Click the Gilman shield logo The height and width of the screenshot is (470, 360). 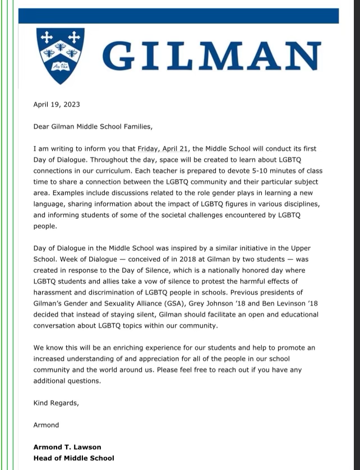click(60, 55)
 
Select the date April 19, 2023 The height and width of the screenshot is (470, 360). click(56, 104)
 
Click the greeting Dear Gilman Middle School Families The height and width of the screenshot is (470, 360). click(93, 127)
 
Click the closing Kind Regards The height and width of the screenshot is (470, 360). click(56, 403)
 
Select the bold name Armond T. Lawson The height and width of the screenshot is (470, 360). click(67, 447)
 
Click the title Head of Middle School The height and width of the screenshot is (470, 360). click(73, 458)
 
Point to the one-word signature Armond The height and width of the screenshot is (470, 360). click(46, 425)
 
